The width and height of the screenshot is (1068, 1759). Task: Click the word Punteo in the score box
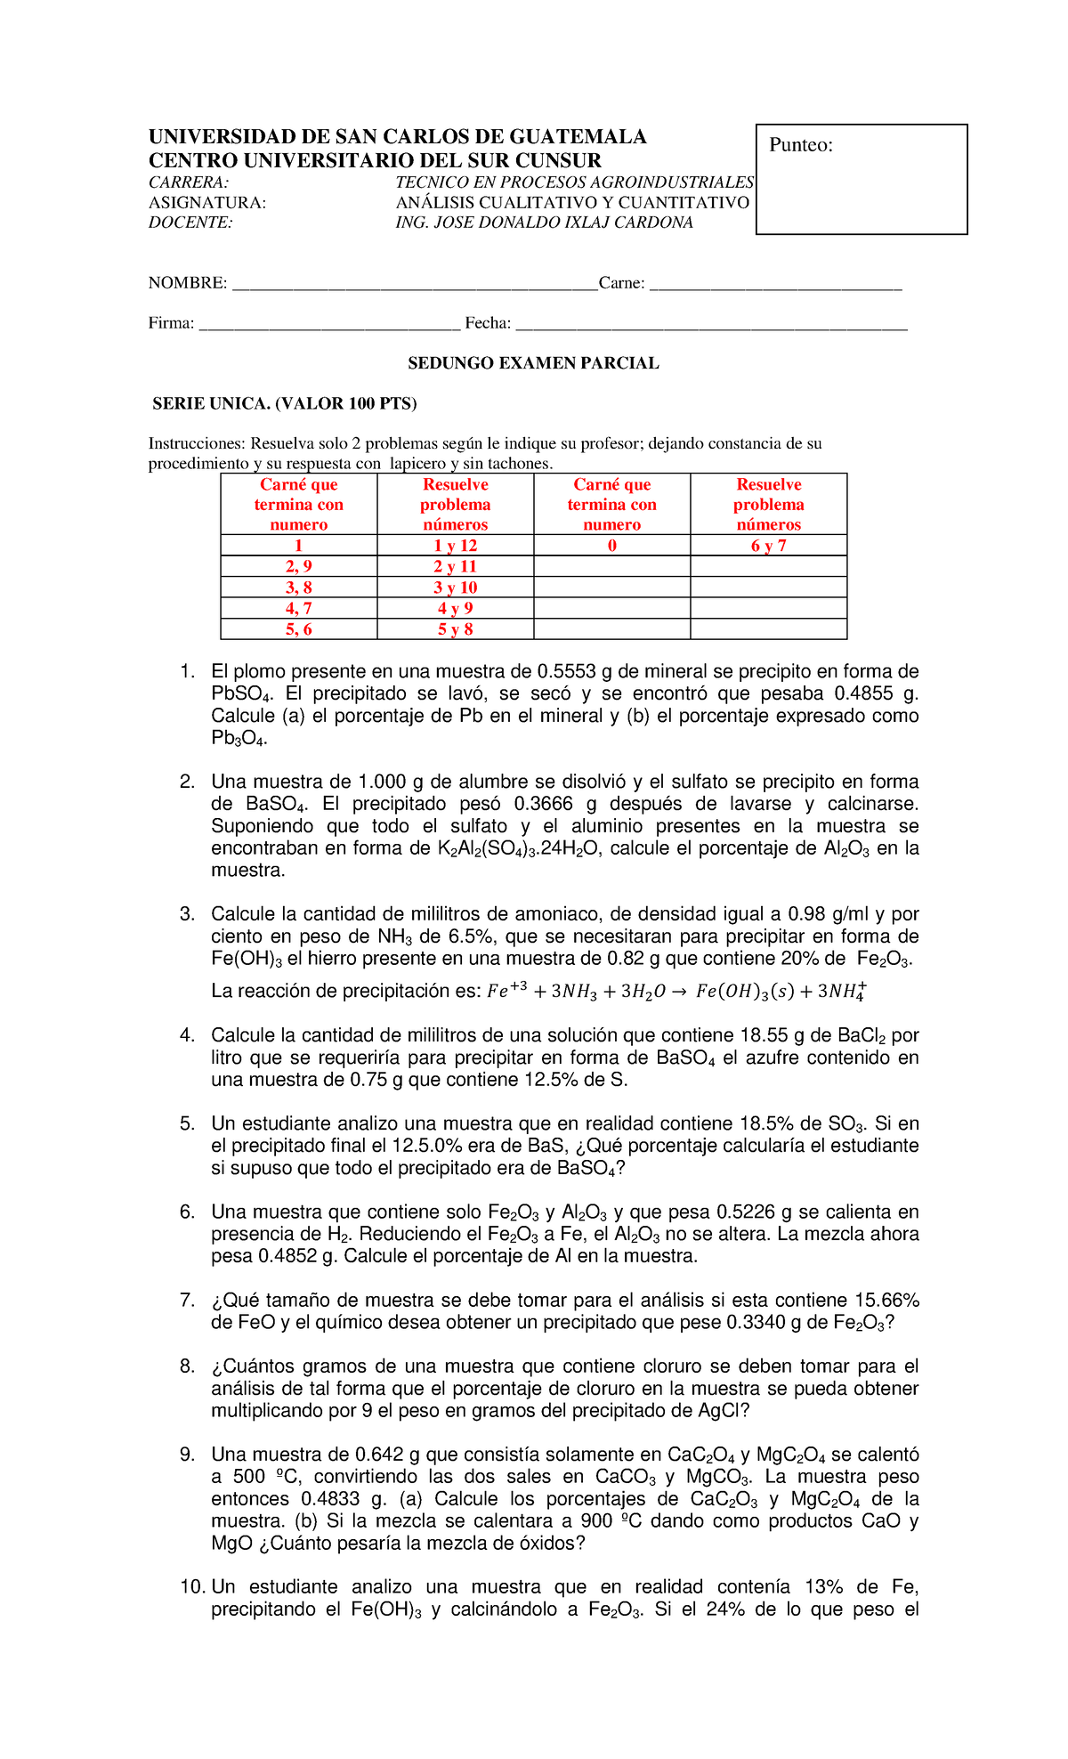(800, 145)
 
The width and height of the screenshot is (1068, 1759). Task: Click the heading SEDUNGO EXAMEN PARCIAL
(533, 363)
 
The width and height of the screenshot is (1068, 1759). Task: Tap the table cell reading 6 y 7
(768, 546)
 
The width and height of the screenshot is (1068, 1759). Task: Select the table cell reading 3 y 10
(455, 588)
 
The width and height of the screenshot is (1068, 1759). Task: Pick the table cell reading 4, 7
(298, 609)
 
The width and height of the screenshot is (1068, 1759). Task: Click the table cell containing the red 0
(611, 546)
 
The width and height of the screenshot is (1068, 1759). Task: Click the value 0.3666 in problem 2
(544, 804)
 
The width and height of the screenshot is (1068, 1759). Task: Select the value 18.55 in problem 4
(763, 1035)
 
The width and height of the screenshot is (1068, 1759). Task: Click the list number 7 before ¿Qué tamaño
(187, 1301)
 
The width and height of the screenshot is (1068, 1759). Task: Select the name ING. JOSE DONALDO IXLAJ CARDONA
(544, 223)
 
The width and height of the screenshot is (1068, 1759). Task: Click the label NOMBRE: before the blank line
(187, 283)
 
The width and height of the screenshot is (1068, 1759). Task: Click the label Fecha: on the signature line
(488, 323)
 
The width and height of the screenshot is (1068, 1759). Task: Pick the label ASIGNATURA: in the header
(206, 203)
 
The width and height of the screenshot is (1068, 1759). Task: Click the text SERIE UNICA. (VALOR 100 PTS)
(284, 403)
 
